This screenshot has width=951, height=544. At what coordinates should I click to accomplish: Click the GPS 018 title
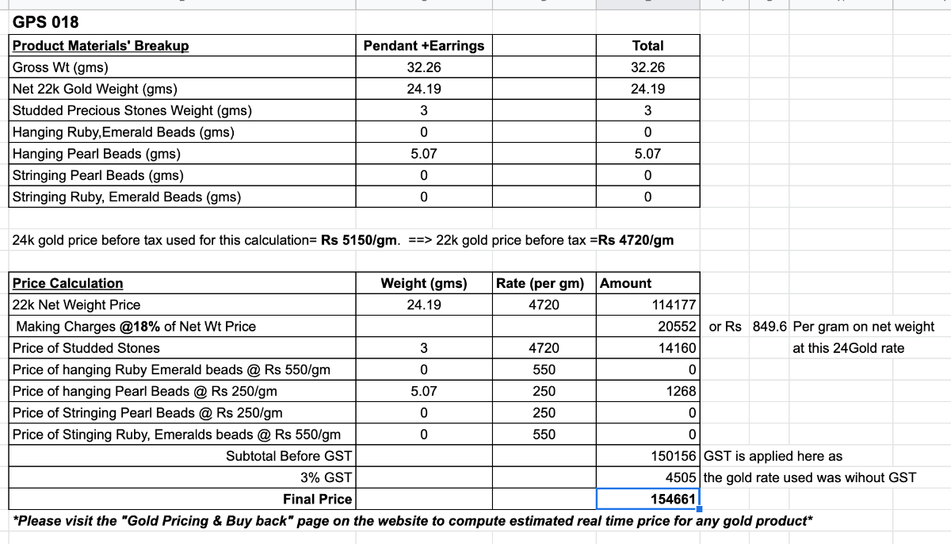(46, 21)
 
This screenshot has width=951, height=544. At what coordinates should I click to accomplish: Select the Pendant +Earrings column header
(423, 46)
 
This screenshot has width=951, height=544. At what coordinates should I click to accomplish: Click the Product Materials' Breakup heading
(101, 46)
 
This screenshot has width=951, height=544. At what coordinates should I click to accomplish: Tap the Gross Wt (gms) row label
(60, 67)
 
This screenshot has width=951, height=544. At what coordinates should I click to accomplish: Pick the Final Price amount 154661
(673, 499)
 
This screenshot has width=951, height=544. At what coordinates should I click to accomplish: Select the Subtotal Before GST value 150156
(673, 456)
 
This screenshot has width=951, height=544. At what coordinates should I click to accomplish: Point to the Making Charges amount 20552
(677, 327)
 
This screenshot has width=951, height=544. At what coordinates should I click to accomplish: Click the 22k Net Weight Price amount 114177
(673, 305)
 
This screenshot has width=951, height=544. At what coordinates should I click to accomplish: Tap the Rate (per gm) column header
(543, 283)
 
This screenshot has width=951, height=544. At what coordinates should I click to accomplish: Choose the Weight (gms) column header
(423, 283)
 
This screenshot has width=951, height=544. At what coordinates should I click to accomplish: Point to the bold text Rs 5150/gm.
(359, 240)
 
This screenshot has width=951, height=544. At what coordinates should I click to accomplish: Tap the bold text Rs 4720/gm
(636, 240)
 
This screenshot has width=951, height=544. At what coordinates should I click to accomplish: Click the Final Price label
(317, 499)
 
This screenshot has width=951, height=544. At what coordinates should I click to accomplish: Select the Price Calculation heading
(67, 283)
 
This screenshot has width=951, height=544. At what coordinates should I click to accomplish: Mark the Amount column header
(625, 283)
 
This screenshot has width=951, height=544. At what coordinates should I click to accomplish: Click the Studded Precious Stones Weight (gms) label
(132, 110)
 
